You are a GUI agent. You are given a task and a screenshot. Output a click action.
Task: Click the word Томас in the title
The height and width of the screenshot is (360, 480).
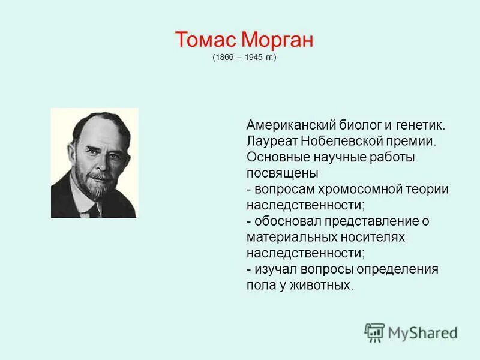tap(206, 41)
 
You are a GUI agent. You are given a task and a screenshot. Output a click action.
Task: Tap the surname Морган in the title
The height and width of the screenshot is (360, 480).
tap(278, 41)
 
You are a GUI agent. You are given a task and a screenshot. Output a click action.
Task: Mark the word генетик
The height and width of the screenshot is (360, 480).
tap(421, 125)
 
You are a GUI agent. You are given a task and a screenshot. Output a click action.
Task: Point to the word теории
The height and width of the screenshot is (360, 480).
tap(428, 189)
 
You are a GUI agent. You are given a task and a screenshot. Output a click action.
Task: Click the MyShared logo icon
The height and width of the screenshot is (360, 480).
tap(374, 332)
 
